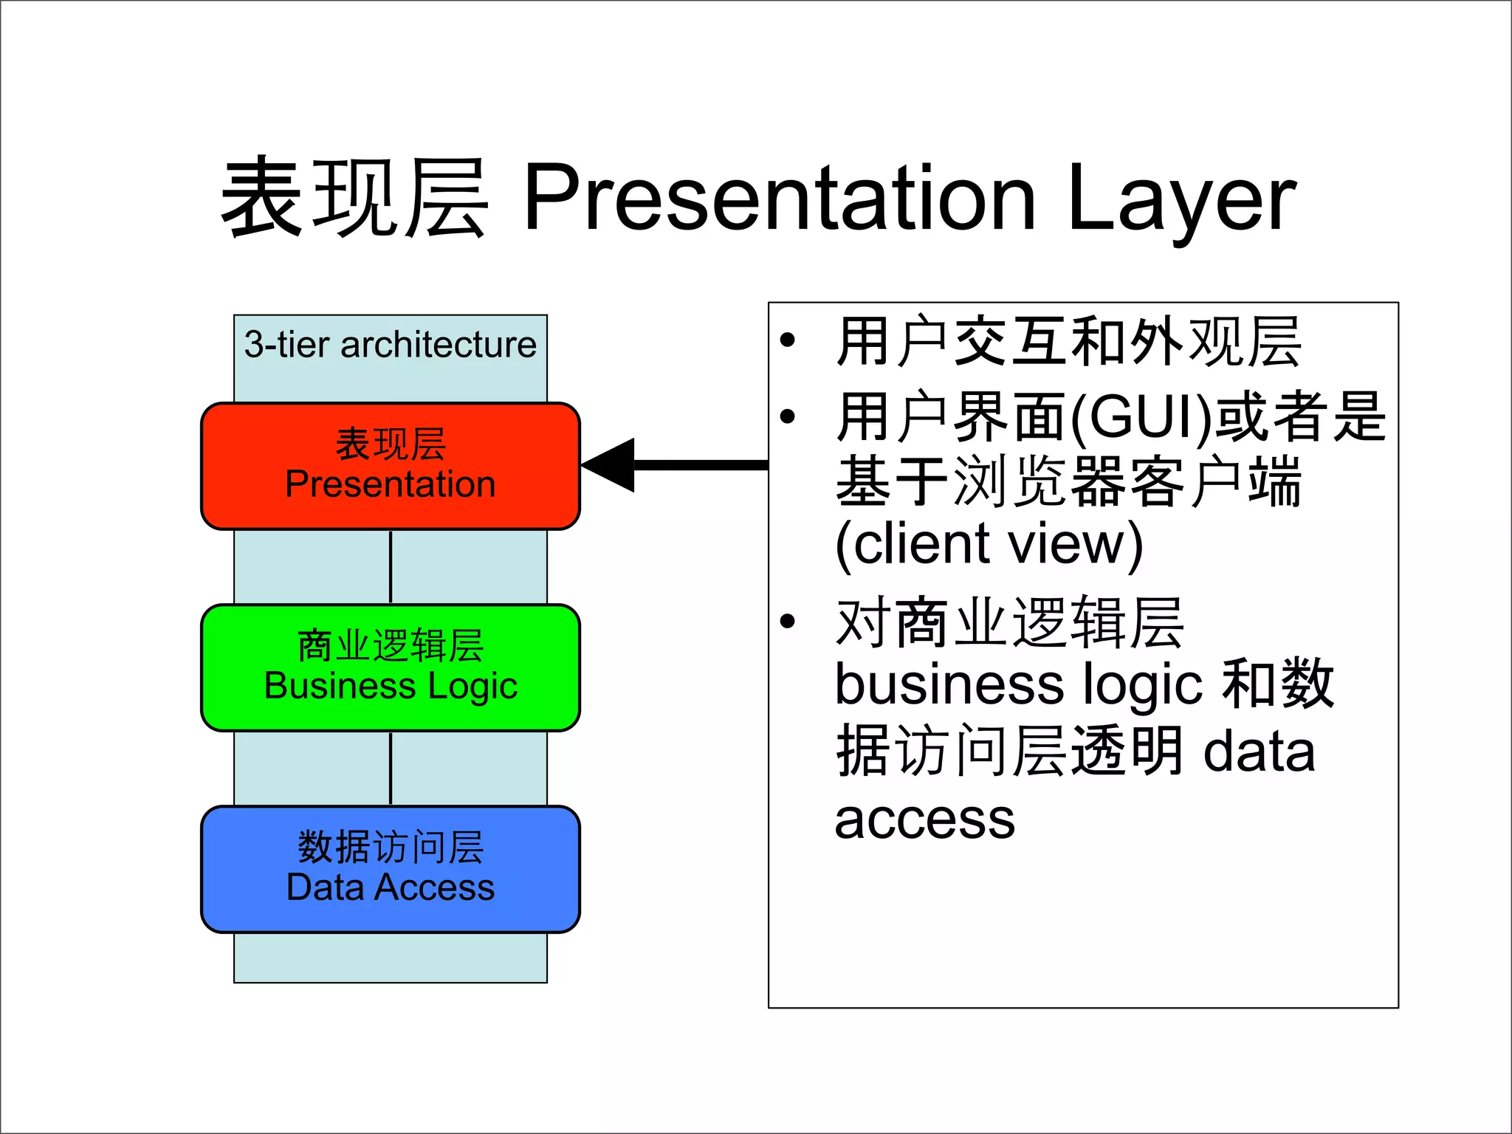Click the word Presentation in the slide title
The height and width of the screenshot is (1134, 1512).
tap(779, 198)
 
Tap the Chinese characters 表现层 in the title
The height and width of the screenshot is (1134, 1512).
tap(354, 198)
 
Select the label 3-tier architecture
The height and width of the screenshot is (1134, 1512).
tap(390, 345)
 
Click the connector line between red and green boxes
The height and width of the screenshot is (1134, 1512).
tap(391, 566)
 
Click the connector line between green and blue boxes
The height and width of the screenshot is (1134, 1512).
tap(391, 768)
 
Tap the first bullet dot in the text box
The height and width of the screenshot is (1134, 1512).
tap(788, 340)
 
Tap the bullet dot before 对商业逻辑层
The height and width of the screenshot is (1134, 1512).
tap(788, 621)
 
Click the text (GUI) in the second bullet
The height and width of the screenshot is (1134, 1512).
tap(1141, 417)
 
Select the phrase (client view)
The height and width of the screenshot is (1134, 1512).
tap(989, 544)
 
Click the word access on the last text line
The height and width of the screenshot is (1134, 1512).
tap(924, 819)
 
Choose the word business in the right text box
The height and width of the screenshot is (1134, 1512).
tap(949, 684)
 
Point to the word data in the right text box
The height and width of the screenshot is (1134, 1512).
tap(1259, 752)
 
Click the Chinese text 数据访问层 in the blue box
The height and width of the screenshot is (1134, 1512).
tap(391, 847)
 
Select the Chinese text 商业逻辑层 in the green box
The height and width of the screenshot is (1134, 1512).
tap(391, 645)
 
